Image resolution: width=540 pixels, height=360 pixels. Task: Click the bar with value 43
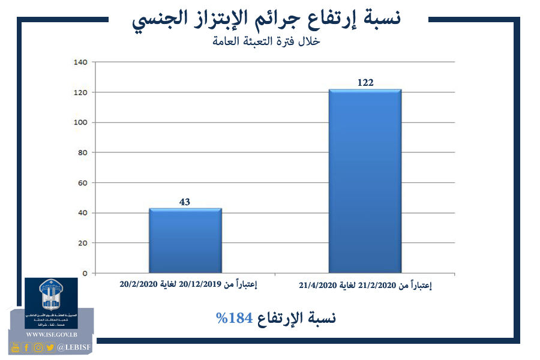point(185,241)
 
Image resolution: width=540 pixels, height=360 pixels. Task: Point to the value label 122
point(365,83)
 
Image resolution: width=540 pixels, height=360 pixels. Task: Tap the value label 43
point(185,202)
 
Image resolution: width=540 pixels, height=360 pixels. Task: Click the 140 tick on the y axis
point(80,62)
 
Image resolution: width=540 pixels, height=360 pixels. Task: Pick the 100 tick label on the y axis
point(80,122)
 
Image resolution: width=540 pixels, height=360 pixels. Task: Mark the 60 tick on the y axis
point(82,183)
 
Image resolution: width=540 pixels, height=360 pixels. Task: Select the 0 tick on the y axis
point(85,274)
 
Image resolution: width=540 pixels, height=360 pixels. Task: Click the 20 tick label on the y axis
point(82,243)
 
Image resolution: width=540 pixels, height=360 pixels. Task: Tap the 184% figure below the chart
point(233,319)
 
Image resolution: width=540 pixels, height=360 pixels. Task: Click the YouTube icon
point(16,347)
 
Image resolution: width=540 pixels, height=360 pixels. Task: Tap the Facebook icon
point(27,347)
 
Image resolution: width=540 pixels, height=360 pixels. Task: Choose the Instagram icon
point(38,347)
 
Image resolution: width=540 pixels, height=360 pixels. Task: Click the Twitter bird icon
point(50,347)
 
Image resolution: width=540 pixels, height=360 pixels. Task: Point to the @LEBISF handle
point(74,347)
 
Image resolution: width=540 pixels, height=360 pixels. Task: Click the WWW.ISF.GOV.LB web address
point(51,334)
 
